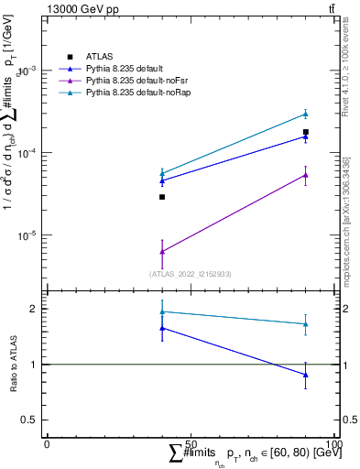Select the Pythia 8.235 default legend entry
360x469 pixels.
125,69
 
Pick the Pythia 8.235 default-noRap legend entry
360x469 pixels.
133,93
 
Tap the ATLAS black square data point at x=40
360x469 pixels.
162,197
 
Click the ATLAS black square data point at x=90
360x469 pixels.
305,132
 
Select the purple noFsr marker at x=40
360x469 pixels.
162,251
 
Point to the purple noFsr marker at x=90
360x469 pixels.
305,175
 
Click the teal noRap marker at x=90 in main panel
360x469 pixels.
305,114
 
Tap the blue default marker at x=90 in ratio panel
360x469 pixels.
305,375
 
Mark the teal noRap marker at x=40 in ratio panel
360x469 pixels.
162,311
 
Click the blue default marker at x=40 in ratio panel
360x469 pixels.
162,328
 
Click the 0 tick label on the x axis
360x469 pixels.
47,443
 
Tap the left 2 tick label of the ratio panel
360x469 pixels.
34,309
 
